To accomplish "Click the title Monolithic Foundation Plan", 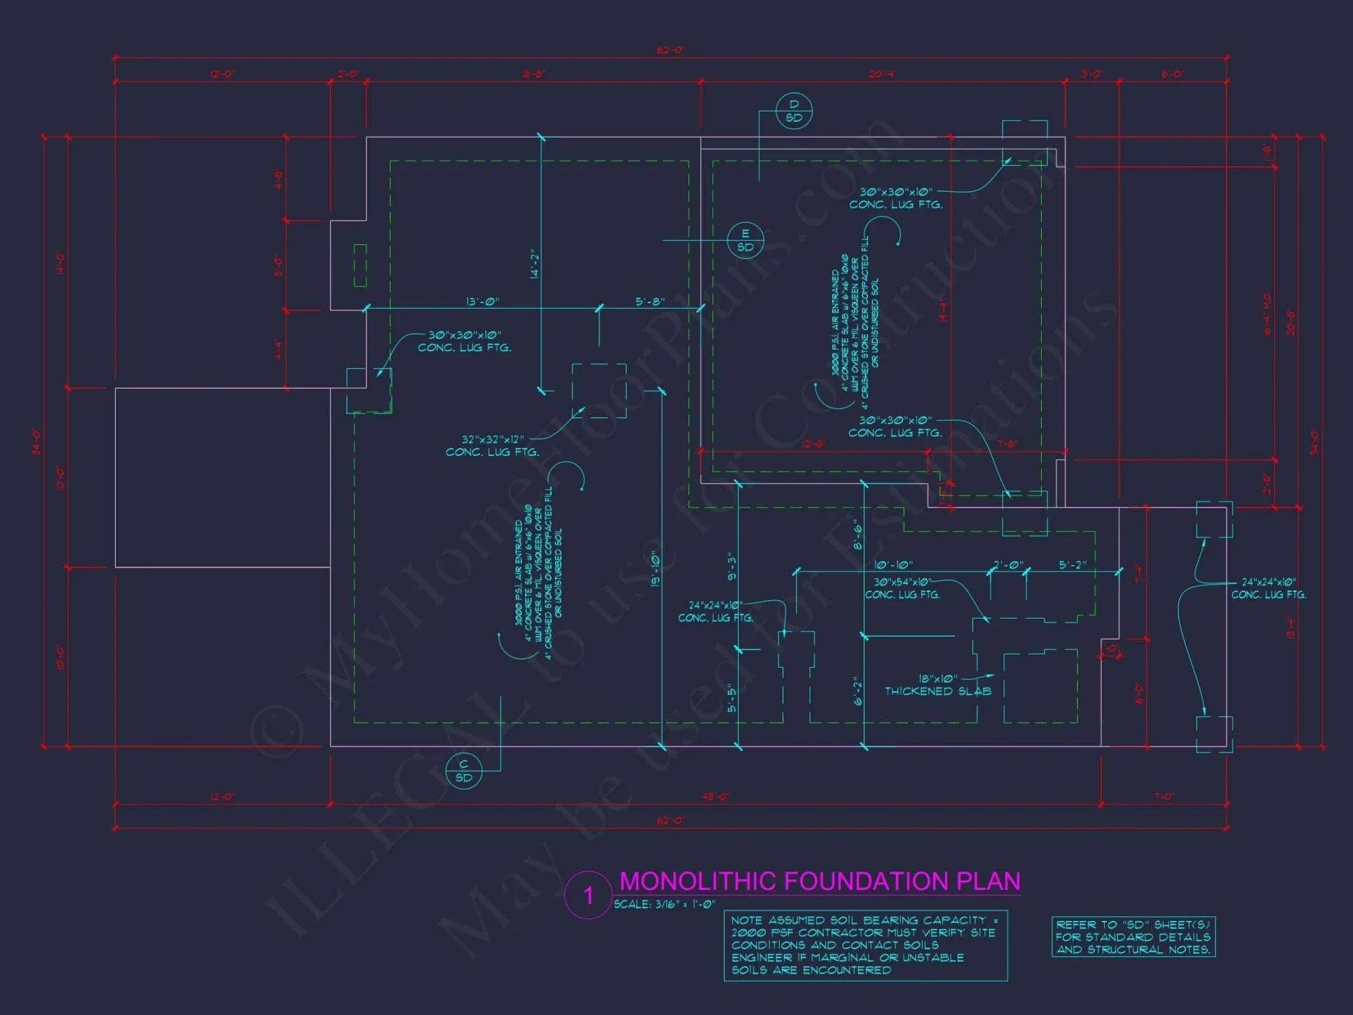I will (819, 881).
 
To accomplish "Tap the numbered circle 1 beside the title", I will (589, 895).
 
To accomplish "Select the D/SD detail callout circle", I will (794, 111).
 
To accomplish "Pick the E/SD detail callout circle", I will (745, 240).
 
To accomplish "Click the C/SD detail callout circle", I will (463, 771).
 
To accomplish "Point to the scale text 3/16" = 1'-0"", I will (664, 905).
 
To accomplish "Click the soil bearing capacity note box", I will (865, 945).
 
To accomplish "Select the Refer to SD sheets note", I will (1133, 937).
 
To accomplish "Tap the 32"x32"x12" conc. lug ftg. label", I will (492, 446).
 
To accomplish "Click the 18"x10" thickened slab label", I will (938, 685).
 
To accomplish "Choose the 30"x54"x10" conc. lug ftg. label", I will (902, 588).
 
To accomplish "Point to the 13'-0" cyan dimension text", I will (482, 301).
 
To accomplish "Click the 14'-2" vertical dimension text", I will (535, 264).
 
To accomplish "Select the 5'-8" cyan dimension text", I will (649, 301).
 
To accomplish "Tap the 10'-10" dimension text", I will (893, 564).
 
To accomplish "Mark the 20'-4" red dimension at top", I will (883, 74).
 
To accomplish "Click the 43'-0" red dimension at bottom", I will (715, 796).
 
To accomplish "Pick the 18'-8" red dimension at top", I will (533, 74).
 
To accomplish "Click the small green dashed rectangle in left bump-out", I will (361, 265).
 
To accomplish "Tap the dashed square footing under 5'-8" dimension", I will (599, 390).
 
